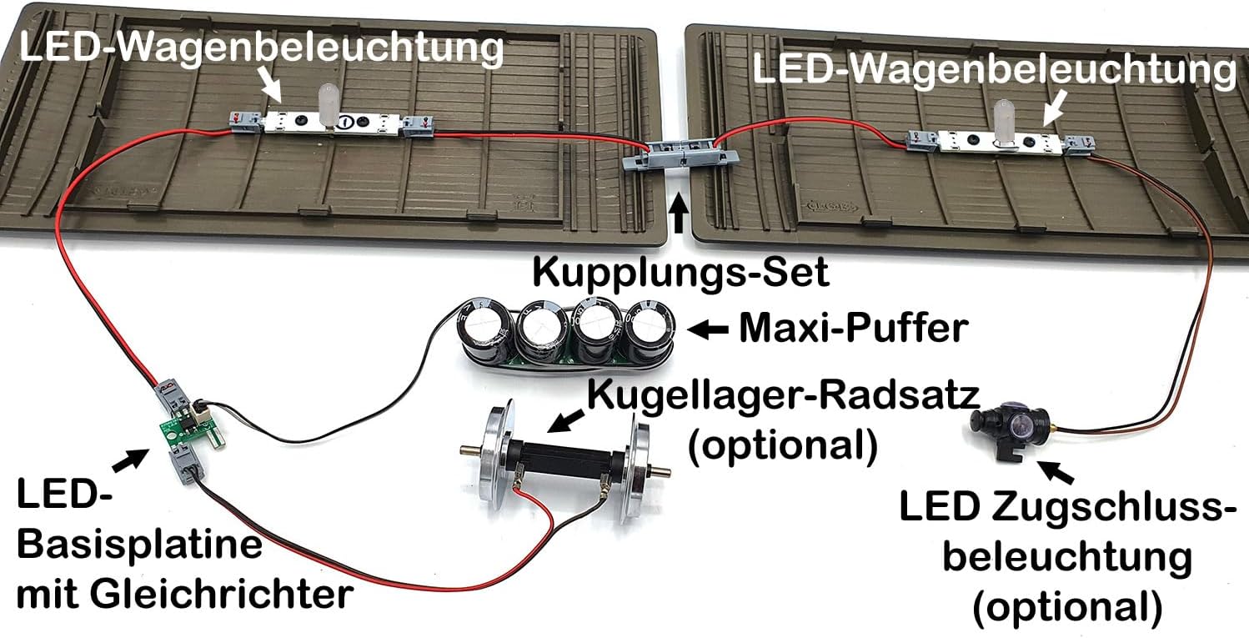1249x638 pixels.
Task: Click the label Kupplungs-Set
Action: tap(681, 274)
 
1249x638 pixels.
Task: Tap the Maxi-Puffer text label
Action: tap(854, 328)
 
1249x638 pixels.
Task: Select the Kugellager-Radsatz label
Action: tap(784, 394)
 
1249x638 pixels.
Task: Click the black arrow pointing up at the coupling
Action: tap(679, 213)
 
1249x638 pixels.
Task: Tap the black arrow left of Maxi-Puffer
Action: tap(708, 329)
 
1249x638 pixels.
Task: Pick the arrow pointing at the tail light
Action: tap(1055, 472)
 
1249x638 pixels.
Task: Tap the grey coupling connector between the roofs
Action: tap(680, 154)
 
